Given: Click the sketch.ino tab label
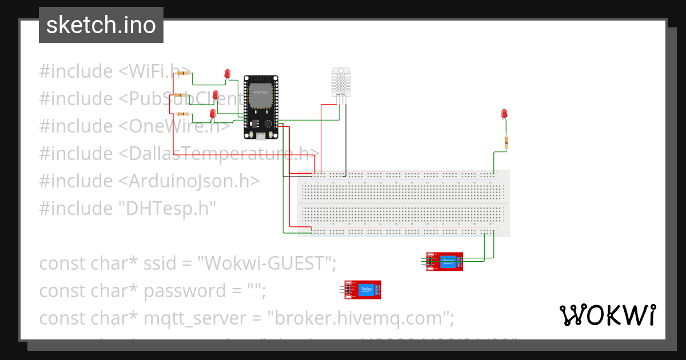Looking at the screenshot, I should [x=101, y=25].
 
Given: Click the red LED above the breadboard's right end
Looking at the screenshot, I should [x=504, y=114].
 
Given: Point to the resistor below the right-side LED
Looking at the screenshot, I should [x=506, y=141].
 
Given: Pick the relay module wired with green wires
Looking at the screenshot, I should [x=445, y=262].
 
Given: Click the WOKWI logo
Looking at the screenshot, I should [x=607, y=315].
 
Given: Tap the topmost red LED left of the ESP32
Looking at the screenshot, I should [x=227, y=74].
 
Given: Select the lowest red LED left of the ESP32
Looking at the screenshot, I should [x=213, y=114].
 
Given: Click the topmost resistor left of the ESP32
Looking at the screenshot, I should [x=184, y=73].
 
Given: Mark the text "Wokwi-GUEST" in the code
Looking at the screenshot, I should [x=266, y=263].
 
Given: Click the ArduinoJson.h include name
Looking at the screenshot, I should [x=189, y=181].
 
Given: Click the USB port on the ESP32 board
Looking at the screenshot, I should [x=261, y=136].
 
